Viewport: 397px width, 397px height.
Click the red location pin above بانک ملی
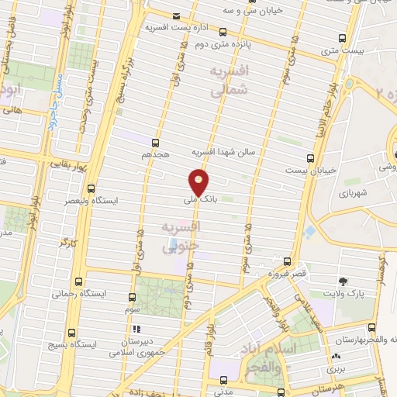[x=198, y=183]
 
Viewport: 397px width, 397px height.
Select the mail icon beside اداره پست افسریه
[x=177, y=16]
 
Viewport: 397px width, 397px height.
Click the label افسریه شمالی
[x=231, y=79]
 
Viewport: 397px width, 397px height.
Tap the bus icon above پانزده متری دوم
[x=223, y=33]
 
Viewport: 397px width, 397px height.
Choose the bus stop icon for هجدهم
[x=155, y=143]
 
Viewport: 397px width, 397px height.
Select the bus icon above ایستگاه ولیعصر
[x=91, y=188]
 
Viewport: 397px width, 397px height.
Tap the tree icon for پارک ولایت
[x=343, y=281]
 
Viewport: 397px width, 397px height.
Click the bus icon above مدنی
[x=223, y=381]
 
